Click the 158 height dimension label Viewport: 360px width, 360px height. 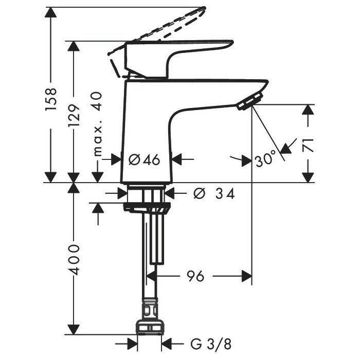(x=51, y=99)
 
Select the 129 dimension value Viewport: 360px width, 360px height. (x=74, y=115)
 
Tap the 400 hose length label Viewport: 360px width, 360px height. (x=75, y=259)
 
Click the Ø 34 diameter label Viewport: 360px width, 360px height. (x=214, y=193)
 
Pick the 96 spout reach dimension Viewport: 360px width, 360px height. (x=195, y=276)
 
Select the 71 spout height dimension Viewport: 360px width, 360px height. (x=308, y=145)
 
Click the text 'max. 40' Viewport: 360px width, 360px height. (x=97, y=124)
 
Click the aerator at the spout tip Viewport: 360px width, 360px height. (x=250, y=101)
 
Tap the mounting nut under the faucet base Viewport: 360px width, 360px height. (x=147, y=207)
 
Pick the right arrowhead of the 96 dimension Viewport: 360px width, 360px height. (x=247, y=277)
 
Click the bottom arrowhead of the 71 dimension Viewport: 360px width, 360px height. (x=308, y=177)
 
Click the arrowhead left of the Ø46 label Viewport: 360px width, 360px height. (x=116, y=159)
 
